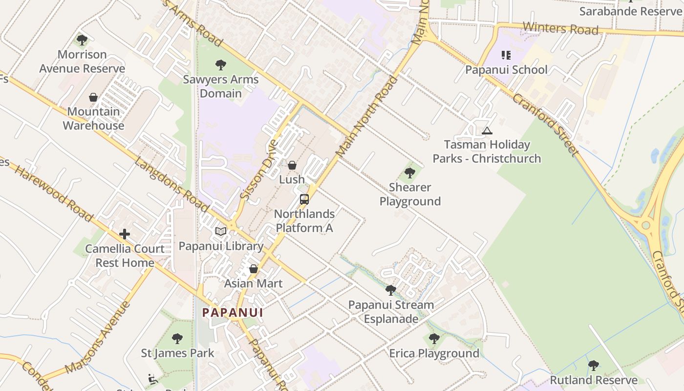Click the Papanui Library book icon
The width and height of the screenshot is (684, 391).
click(x=221, y=231)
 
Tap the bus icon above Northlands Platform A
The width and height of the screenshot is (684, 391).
click(x=304, y=199)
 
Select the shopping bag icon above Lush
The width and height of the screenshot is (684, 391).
click(x=292, y=166)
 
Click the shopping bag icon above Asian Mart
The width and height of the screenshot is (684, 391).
click(x=254, y=269)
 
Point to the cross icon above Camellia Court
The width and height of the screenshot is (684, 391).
click(x=125, y=234)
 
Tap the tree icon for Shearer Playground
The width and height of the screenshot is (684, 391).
click(x=410, y=173)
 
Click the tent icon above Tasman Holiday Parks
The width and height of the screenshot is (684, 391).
click(x=487, y=130)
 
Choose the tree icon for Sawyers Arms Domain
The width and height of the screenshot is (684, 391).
click(x=221, y=65)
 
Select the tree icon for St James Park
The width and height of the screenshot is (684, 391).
click(x=177, y=338)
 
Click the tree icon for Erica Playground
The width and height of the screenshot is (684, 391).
click(x=434, y=338)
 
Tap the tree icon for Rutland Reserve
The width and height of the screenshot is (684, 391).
click(x=594, y=365)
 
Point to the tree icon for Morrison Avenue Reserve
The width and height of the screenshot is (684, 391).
click(x=82, y=40)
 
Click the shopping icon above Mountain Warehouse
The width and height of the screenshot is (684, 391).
click(x=93, y=97)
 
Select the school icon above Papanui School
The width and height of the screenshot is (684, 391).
click(x=506, y=55)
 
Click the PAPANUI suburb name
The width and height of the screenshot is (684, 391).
click(x=233, y=312)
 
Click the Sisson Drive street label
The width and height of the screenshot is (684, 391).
click(x=259, y=170)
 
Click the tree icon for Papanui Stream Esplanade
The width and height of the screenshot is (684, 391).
click(x=390, y=290)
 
